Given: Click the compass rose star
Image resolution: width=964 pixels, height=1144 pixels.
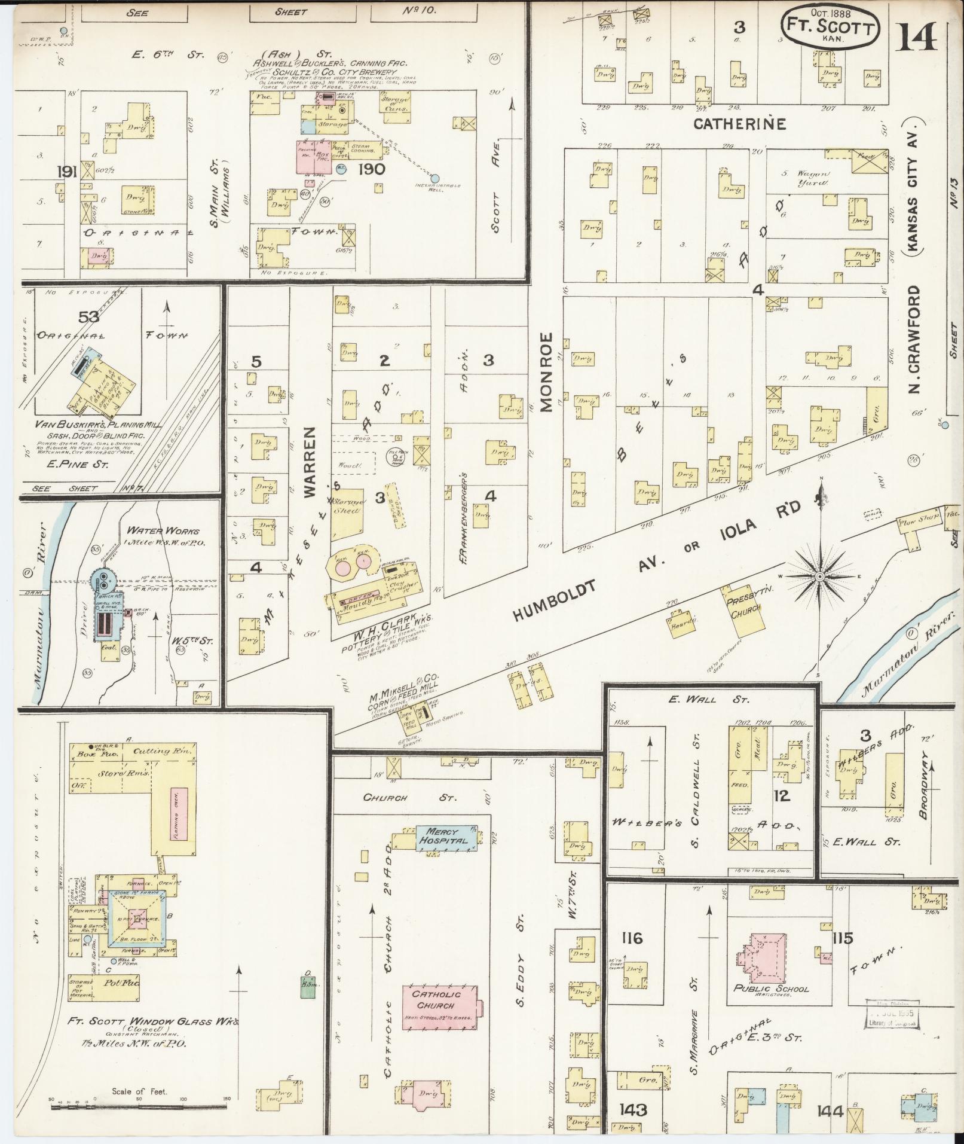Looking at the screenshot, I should (820, 576).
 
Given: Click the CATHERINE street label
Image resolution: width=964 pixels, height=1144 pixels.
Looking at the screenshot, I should (739, 124).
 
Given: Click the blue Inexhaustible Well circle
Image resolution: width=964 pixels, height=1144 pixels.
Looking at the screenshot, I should (435, 178).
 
